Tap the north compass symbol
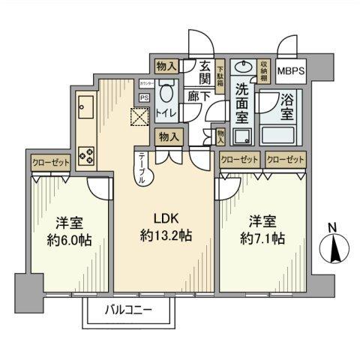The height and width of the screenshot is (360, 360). click(x=334, y=247)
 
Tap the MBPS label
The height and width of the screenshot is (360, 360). click(x=292, y=71)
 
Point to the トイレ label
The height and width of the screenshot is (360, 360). click(x=166, y=112)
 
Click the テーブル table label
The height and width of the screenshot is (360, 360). click(x=142, y=170)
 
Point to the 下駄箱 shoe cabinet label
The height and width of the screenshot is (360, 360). click(x=220, y=75)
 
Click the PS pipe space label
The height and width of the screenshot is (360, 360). click(x=144, y=97)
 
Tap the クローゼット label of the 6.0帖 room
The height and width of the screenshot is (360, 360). click(x=49, y=161)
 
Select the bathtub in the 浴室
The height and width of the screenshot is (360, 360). click(x=280, y=135)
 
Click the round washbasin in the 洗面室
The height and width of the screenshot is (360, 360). click(x=241, y=67)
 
